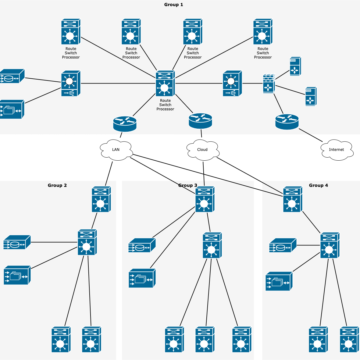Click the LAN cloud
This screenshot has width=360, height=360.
(x=116, y=150)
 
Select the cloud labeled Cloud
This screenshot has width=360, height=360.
(x=203, y=150)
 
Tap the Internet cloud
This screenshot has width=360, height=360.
(x=337, y=150)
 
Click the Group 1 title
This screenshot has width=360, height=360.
(x=173, y=5)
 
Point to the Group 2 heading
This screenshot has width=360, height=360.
(x=57, y=185)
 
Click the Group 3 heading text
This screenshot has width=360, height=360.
(x=188, y=185)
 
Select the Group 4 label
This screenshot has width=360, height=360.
(x=319, y=185)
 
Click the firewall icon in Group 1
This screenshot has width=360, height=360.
(x=269, y=84)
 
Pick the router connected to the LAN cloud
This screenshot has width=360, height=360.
(x=125, y=124)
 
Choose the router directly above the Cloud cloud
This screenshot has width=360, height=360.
(x=200, y=121)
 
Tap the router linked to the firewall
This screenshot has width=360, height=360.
(x=287, y=122)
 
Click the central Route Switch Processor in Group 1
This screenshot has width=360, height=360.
(x=165, y=84)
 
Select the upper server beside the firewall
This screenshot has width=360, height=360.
(x=295, y=66)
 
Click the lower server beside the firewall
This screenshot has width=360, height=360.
(x=311, y=97)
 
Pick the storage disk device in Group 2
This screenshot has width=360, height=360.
(x=17, y=242)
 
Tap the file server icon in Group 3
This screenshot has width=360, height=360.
(x=142, y=278)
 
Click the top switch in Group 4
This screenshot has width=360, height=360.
(x=293, y=199)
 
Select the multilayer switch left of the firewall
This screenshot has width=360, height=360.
(x=232, y=84)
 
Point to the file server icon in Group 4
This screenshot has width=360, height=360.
(x=279, y=281)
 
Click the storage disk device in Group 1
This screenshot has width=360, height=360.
(x=12, y=76)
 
